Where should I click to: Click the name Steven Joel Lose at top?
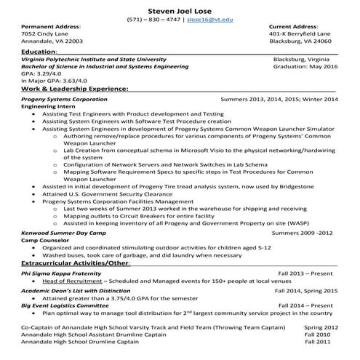click(x=179, y=10)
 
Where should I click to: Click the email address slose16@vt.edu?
click(x=208, y=21)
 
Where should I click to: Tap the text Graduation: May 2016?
click(x=306, y=66)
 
